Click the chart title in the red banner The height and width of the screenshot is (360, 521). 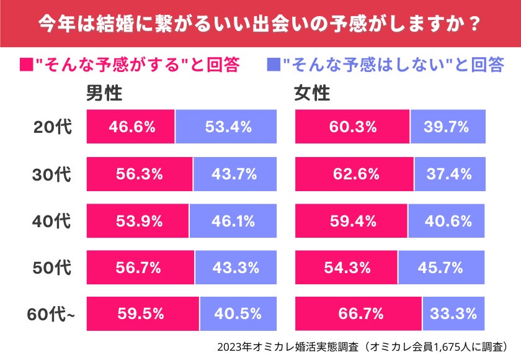(260, 23)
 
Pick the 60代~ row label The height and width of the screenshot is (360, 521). (51, 315)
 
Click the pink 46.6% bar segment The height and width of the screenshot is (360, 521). (131, 127)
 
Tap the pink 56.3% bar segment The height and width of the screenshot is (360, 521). (140, 174)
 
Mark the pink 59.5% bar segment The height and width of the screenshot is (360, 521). (143, 314)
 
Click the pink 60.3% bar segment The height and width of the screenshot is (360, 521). (352, 127)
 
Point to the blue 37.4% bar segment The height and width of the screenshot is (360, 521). (450, 174)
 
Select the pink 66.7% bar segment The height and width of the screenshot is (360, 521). (358, 314)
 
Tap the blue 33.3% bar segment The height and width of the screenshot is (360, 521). (454, 314)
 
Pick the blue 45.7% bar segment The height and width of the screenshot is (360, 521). (442, 268)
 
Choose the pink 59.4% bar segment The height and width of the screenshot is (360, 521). (352, 221)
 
